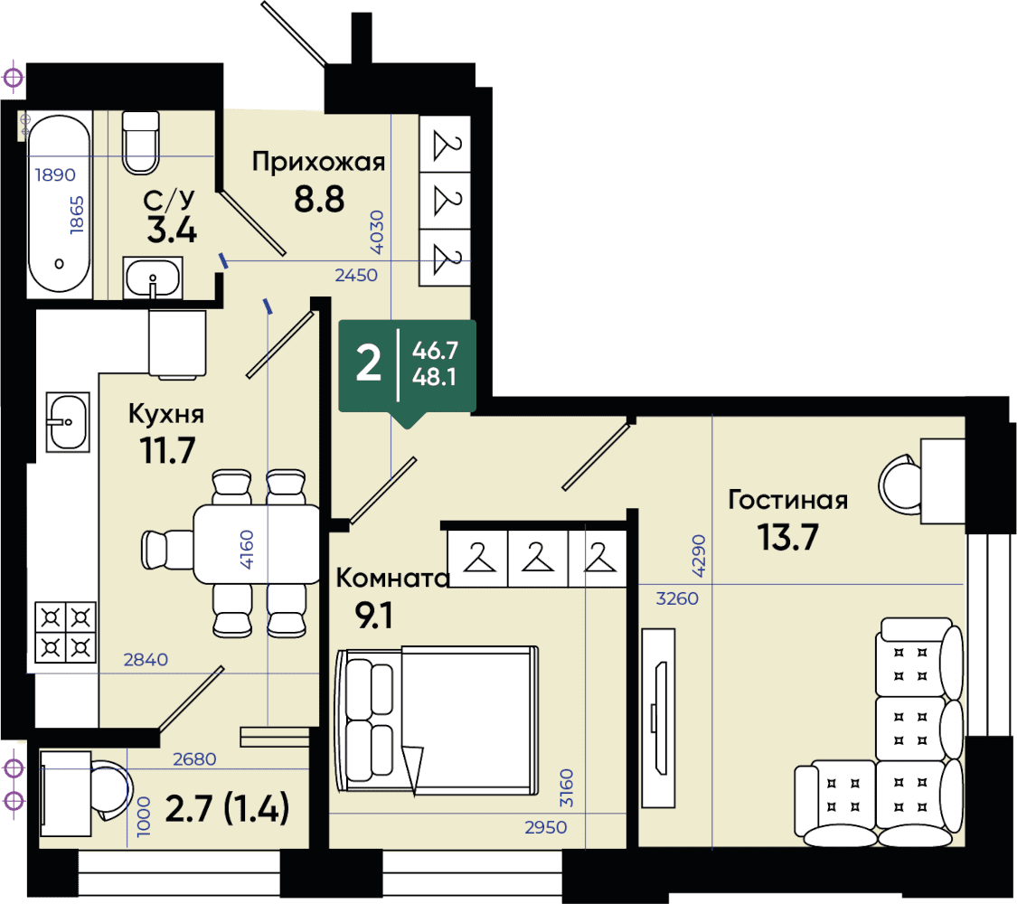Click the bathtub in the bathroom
(59, 205)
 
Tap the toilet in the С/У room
(141, 143)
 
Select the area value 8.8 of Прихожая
(319, 199)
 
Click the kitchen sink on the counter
(68, 422)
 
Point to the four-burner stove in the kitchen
(65, 632)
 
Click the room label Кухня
(166, 414)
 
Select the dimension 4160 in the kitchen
(247, 550)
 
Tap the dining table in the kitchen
(256, 544)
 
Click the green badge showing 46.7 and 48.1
(408, 367)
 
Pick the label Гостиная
(788, 500)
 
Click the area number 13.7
(788, 537)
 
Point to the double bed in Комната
(437, 720)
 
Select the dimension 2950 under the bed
(545, 827)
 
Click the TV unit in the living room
(658, 718)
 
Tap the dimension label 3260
(677, 598)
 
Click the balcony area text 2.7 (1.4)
(227, 809)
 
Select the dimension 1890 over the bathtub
(55, 174)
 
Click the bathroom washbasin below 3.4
(153, 278)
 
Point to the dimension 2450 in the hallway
(356, 275)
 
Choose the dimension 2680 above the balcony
(194, 758)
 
